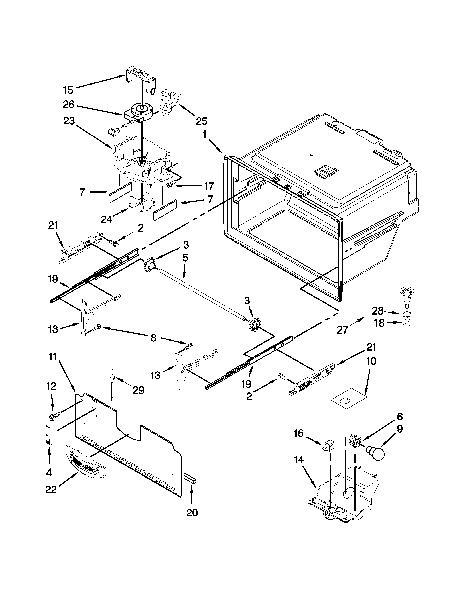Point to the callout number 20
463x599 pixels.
pos(192,512)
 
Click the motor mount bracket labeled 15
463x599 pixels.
pos(140,78)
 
